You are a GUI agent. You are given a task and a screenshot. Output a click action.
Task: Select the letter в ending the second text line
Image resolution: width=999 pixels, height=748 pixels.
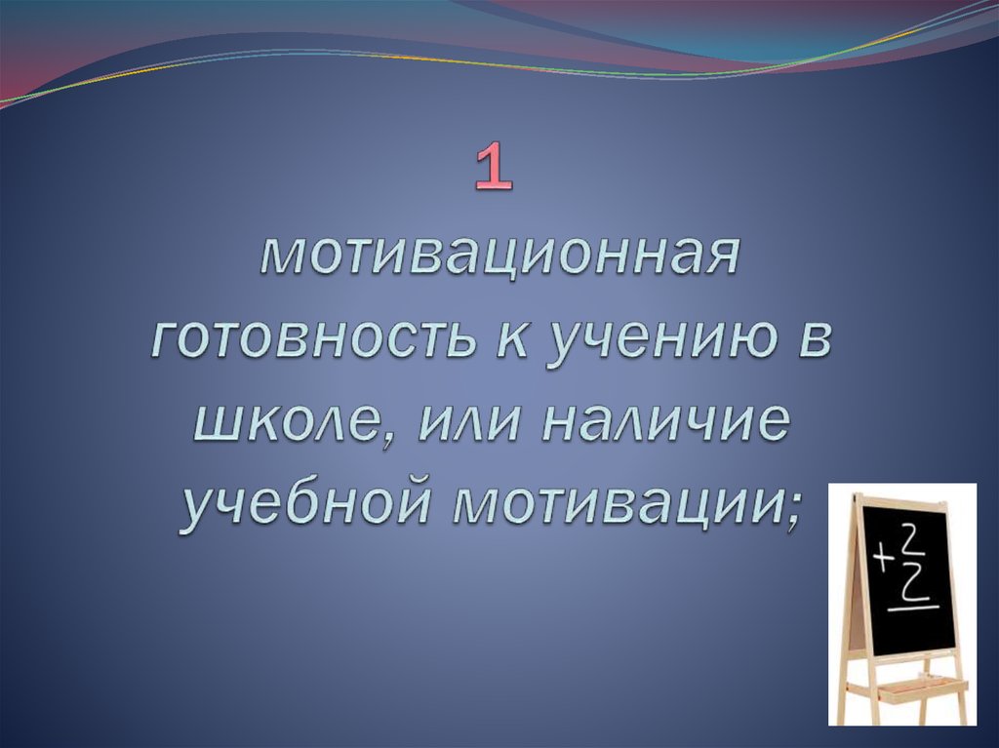(x=822, y=343)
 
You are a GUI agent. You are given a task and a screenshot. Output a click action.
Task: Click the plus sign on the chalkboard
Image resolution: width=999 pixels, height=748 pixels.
(x=885, y=559)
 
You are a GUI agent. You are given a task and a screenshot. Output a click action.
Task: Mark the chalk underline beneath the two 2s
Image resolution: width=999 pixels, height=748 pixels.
(x=911, y=609)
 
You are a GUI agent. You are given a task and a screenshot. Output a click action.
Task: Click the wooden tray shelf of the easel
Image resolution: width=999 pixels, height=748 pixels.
(x=907, y=689)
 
